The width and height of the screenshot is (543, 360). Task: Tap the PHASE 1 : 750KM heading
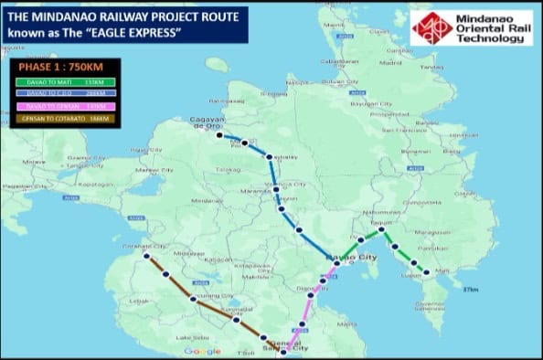tap(59, 68)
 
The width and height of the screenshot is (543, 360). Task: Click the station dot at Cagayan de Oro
tap(219, 136)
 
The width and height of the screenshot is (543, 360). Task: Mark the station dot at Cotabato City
tap(145, 257)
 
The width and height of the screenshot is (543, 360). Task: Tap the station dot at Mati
tap(426, 271)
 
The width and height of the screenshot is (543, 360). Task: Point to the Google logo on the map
tap(202, 351)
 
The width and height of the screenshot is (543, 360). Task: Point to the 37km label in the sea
tap(470, 289)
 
